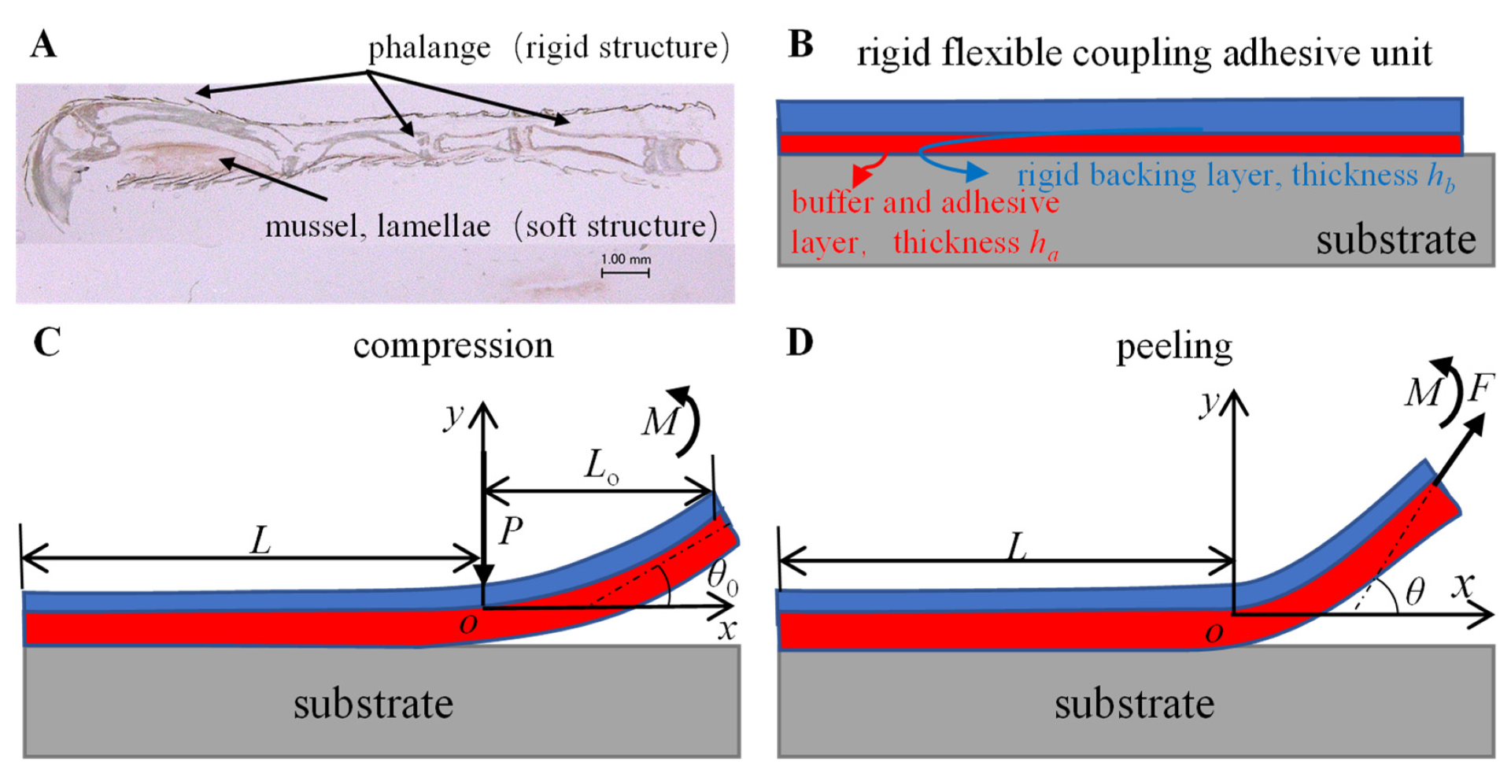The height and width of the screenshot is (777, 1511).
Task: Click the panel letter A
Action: [x=44, y=45]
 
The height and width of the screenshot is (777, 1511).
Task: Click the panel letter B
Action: [x=800, y=45]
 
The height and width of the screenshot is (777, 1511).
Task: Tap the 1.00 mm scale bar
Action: [x=626, y=272]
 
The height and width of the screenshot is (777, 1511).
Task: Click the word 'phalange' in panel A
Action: [x=429, y=49]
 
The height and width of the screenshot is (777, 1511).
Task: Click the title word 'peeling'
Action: [x=1174, y=347]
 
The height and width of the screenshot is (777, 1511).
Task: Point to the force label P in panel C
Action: [x=510, y=531]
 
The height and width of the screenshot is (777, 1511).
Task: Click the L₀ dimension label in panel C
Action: [x=601, y=466]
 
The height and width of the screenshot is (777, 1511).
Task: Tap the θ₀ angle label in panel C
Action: [x=722, y=576]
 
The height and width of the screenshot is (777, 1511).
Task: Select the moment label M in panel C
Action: [x=659, y=422]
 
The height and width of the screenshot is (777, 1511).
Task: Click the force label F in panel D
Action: [x=1481, y=388]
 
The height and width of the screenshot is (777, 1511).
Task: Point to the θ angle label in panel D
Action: [x=1415, y=591]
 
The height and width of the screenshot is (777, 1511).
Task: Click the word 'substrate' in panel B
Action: [x=1395, y=240]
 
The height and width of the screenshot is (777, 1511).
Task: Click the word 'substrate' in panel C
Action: [x=373, y=704]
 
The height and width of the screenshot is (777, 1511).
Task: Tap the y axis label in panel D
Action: [x=1210, y=403]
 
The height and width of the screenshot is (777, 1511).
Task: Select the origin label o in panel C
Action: [x=468, y=624]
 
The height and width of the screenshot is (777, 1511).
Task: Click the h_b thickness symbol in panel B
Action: [x=1441, y=176]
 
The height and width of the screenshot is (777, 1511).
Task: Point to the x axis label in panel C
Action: [x=726, y=629]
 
